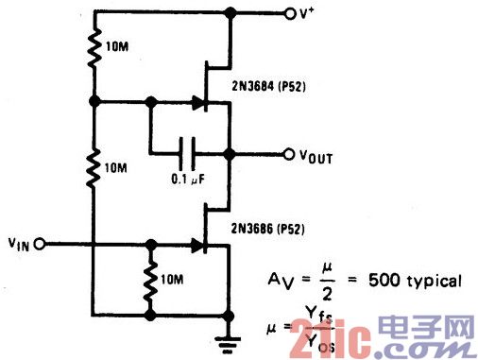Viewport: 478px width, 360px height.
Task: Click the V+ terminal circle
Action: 290,13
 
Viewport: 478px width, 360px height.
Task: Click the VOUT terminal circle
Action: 290,152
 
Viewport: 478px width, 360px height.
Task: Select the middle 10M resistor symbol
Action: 94,167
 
